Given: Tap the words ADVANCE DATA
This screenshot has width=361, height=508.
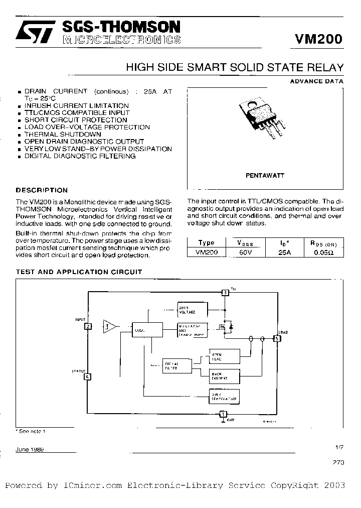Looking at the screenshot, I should point(317,81).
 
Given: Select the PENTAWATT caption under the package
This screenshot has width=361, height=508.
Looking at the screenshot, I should point(265,176).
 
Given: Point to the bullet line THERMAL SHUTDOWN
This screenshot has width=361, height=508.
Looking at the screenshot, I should point(63,135).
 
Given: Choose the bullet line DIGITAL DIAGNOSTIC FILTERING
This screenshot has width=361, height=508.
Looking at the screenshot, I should point(80,156).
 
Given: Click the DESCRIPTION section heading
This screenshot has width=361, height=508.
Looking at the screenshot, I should point(42,190).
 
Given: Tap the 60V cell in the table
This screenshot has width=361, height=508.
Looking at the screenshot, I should point(245,253).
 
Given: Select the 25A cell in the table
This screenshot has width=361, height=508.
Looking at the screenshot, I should point(284,253).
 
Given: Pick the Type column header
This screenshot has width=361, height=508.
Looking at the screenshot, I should point(206,243).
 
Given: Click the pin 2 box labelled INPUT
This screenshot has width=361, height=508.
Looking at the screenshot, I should point(88,326).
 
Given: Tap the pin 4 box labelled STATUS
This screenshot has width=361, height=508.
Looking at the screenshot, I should point(88,376).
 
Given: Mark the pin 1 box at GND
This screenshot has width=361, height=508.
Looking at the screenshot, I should point(223,414).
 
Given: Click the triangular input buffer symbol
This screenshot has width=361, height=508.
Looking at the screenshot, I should point(109,326).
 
